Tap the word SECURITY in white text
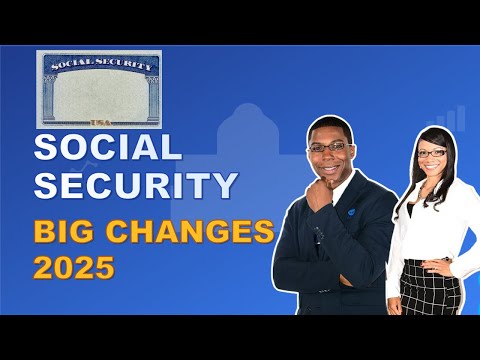(x=136, y=186)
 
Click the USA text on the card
(x=98, y=121)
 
